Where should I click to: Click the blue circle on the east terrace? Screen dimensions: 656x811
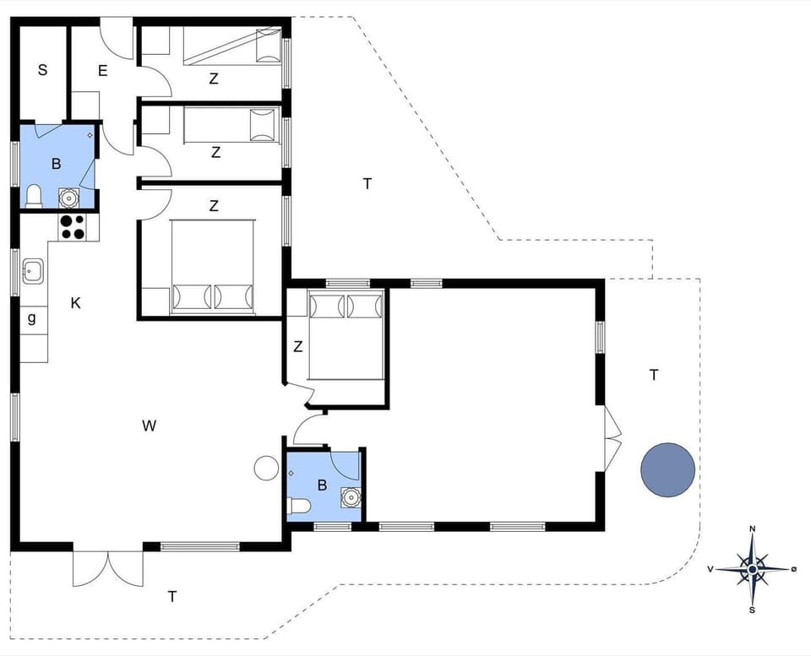(667, 470)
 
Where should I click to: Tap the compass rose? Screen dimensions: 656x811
(752, 569)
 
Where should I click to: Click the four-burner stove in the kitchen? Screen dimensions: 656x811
(72, 226)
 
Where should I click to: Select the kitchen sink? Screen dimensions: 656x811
(34, 271)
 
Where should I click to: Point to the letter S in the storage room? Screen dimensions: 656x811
(42, 70)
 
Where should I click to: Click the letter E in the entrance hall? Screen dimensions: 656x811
(102, 70)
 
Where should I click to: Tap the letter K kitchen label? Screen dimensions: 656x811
(75, 303)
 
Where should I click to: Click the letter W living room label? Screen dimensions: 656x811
(150, 426)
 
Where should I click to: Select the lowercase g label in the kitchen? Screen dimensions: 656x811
(32, 318)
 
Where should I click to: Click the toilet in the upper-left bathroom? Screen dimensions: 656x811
(34, 197)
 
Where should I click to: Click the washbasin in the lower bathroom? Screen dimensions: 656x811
(350, 497)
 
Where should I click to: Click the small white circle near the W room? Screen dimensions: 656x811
(266, 467)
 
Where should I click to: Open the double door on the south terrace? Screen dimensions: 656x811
(108, 567)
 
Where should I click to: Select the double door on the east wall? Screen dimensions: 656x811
(612, 437)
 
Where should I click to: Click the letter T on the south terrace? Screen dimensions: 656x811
(172, 597)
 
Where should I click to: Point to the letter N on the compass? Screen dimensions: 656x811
(752, 529)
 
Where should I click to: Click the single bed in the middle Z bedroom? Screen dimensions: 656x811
(231, 126)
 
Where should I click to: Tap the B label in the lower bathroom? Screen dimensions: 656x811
(321, 485)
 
